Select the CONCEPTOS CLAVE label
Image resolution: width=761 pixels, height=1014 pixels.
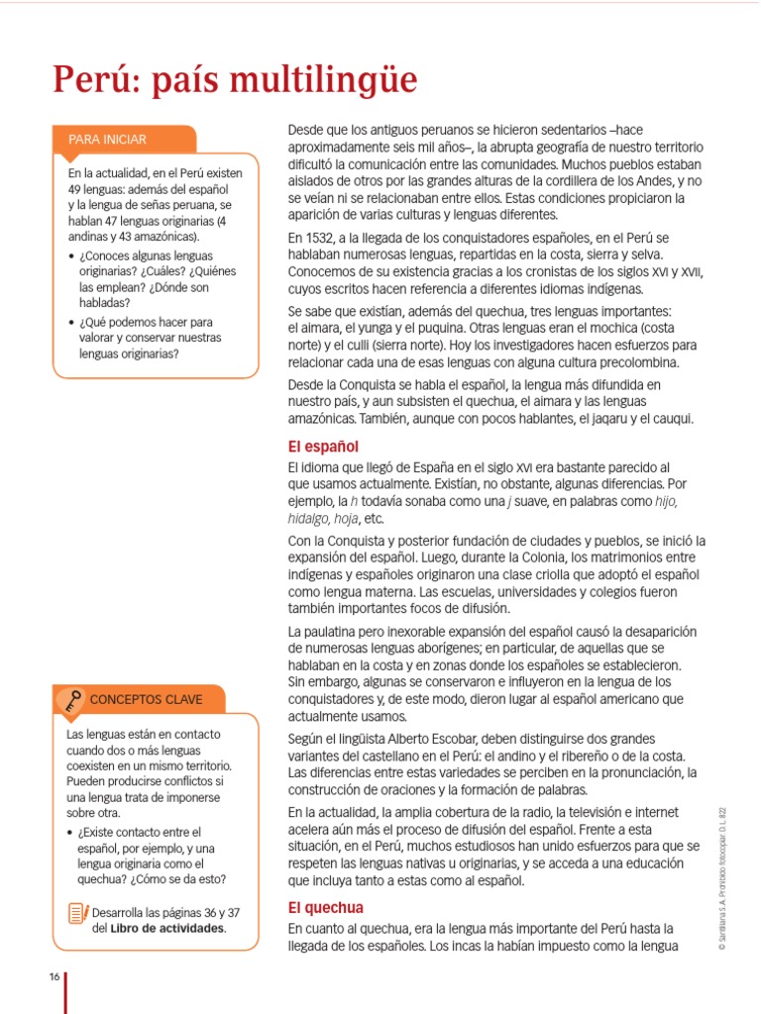pos(146,699)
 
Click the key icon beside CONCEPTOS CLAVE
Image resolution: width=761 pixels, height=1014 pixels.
pos(71,700)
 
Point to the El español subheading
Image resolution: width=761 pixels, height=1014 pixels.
pos(323,447)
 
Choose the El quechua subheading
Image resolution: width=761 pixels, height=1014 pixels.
pos(326,907)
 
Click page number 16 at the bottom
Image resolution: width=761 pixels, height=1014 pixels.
pos(54,977)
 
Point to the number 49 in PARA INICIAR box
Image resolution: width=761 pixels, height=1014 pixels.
pos(76,188)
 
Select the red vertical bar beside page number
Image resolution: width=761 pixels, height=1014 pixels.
pos(65,990)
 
